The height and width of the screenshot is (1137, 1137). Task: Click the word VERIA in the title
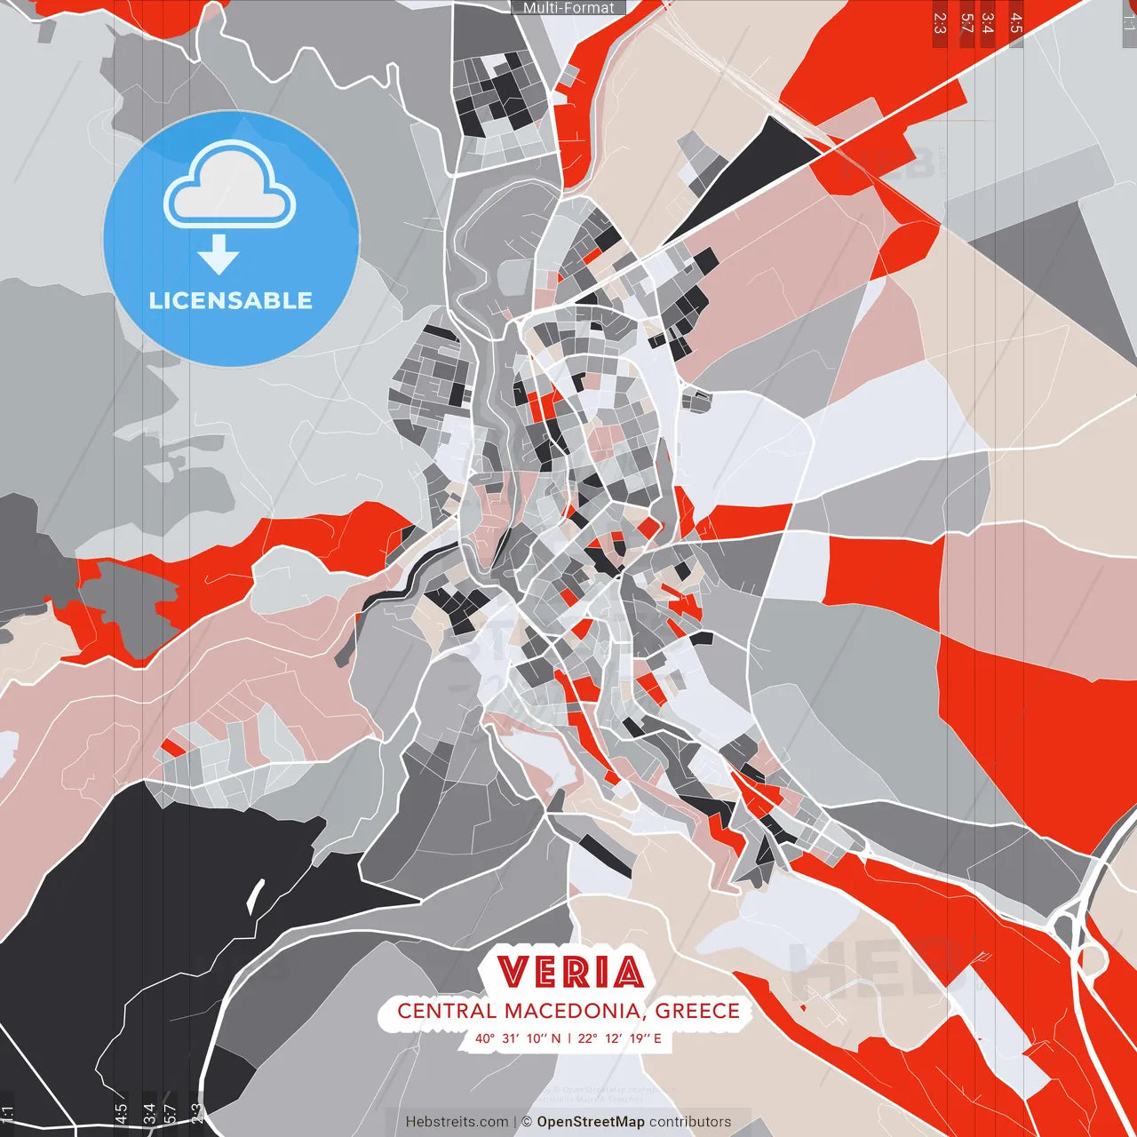coord(570,973)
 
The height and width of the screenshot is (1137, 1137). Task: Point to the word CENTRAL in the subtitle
coord(447,1011)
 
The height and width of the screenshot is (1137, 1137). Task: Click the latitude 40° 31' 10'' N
coord(518,1038)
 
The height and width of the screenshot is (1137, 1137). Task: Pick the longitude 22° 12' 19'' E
coord(619,1038)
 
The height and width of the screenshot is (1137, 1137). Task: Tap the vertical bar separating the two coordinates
coord(569,1038)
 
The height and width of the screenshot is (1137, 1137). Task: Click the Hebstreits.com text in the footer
coord(457,1122)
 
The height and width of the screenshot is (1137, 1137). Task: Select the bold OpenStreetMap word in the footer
coord(591,1122)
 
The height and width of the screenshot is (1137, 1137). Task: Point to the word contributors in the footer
coord(690,1122)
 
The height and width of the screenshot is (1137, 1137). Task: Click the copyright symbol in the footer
coord(526,1122)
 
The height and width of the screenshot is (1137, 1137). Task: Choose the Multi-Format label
coord(568,8)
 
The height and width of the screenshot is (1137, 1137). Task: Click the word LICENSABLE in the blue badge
coord(231,300)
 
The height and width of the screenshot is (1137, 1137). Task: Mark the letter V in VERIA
coord(514,973)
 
